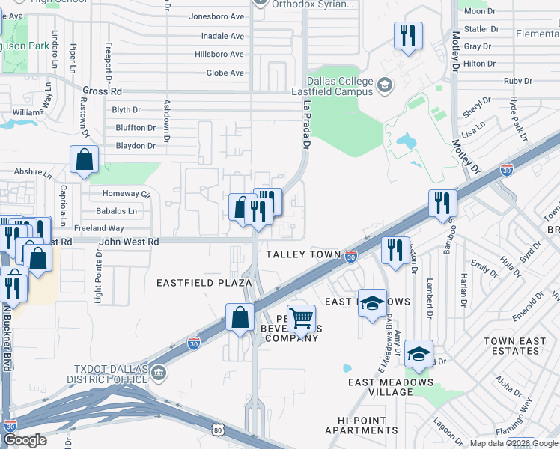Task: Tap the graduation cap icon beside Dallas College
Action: pyautogui.click(x=385, y=85)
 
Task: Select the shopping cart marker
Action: pyautogui.click(x=301, y=318)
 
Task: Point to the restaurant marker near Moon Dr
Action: pyautogui.click(x=408, y=35)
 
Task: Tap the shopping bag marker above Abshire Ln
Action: pyautogui.click(x=84, y=159)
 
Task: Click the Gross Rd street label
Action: pyautogui.click(x=102, y=90)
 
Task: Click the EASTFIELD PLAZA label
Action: pyautogui.click(x=204, y=283)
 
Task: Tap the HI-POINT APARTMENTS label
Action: pyautogui.click(x=362, y=425)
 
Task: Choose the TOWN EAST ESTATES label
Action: pyautogui.click(x=514, y=346)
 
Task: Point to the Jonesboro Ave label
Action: pyautogui.click(x=217, y=16)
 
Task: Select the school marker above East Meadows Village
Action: pyautogui.click(x=419, y=355)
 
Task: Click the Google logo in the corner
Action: pyautogui.click(x=24, y=440)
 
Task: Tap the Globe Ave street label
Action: pyautogui.click(x=225, y=73)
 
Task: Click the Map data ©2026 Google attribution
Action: pyautogui.click(x=514, y=444)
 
